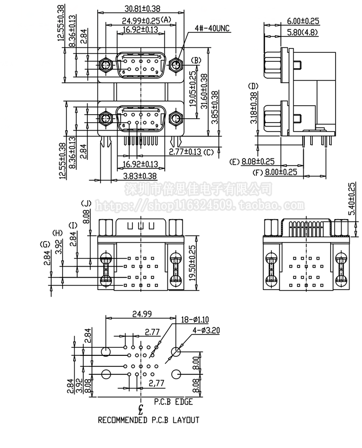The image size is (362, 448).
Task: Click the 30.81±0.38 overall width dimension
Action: (142, 8)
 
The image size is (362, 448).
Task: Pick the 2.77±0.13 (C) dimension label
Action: (191, 151)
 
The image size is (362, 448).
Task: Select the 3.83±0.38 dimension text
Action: (140, 176)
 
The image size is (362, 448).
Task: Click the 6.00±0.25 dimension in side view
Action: (303, 21)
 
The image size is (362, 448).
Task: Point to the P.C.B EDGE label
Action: (173, 401)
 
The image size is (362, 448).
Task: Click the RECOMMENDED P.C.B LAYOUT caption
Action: (148, 420)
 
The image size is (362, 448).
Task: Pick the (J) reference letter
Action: (86, 204)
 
